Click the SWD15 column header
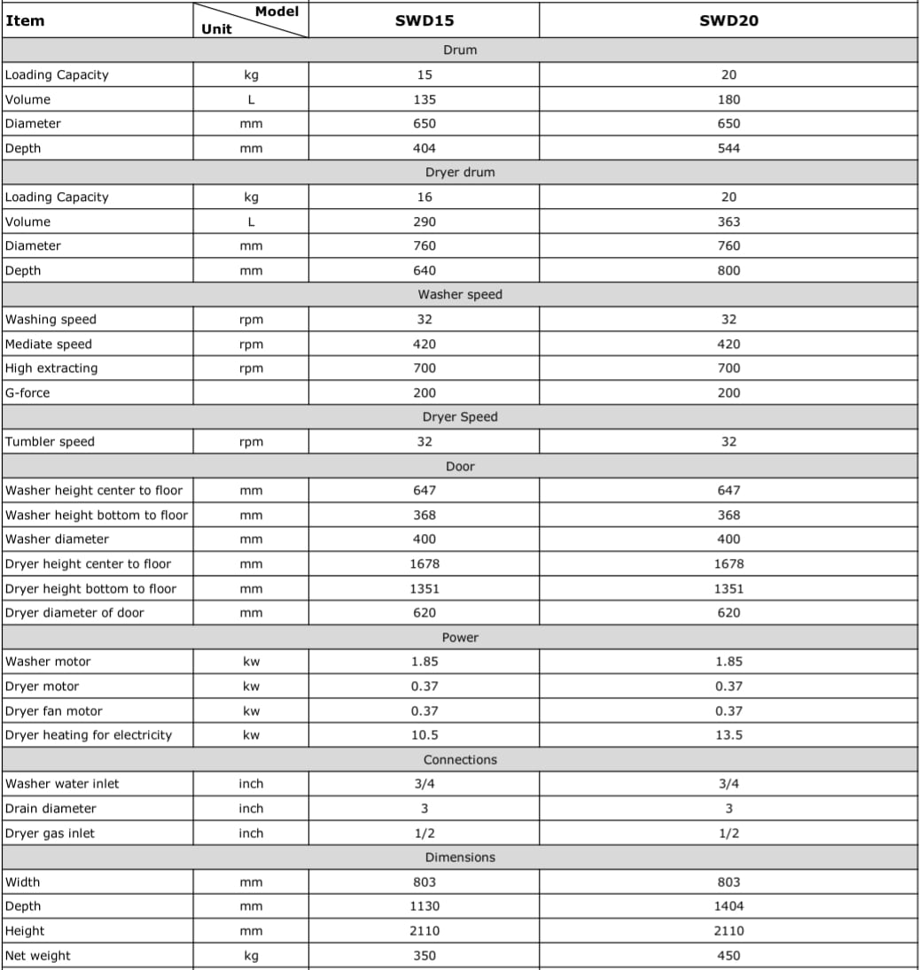[425, 21]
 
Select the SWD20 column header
[729, 21]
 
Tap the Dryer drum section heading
[460, 172]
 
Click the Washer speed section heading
[460, 294]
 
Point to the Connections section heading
[460, 759]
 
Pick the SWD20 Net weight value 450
[729, 955]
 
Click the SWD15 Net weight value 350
[425, 955]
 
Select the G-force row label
[27, 392]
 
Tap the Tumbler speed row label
[50, 441]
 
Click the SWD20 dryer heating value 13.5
[729, 734]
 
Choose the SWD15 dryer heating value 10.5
[425, 734]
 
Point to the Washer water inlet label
[62, 783]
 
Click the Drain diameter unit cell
[251, 808]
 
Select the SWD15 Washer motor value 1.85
[425, 661]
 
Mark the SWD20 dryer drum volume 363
[729, 221]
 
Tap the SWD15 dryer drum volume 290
[425, 221]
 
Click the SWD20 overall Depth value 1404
[729, 905]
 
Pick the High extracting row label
[51, 368]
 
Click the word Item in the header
[25, 20]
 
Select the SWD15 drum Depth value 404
[425, 148]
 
